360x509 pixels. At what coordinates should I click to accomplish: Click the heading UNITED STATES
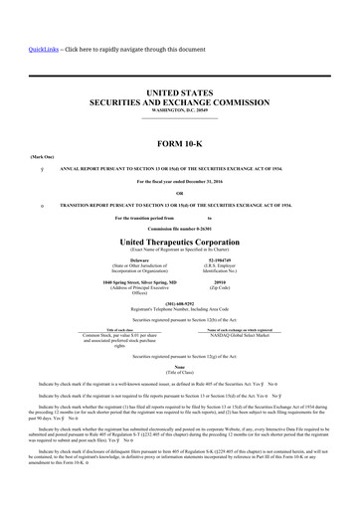pos(179,92)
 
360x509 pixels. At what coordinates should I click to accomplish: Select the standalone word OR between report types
pos(179,193)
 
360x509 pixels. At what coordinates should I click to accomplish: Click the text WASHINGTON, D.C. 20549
pos(179,110)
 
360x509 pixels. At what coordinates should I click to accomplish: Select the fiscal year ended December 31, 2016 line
pos(179,181)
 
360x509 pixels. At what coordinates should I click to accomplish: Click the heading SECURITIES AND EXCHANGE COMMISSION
pos(179,102)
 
